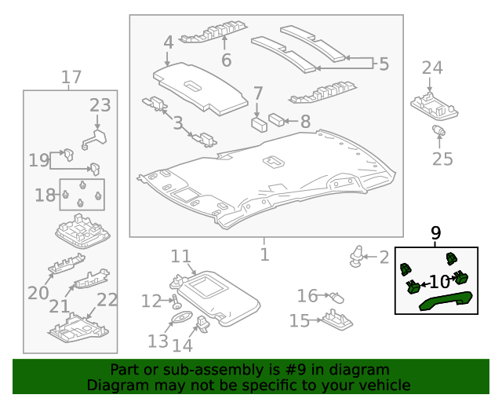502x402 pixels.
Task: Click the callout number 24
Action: click(432, 68)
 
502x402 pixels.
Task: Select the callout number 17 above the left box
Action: click(71, 78)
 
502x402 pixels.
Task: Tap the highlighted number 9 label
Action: click(436, 233)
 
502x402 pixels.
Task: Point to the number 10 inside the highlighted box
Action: click(438, 282)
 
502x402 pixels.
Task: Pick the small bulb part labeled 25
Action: click(440, 131)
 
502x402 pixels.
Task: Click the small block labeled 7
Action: click(257, 123)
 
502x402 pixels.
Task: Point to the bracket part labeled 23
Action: click(93, 138)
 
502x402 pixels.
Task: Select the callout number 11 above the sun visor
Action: click(181, 257)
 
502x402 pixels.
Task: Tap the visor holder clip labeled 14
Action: click(203, 322)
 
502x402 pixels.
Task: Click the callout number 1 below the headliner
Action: click(264, 254)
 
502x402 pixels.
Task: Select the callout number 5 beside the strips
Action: click(384, 64)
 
